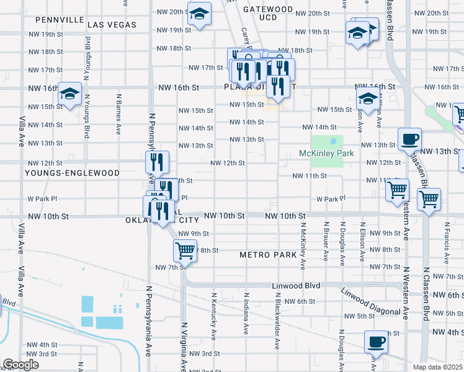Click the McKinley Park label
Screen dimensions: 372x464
[x=326, y=153]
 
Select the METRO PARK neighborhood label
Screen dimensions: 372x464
[x=269, y=255]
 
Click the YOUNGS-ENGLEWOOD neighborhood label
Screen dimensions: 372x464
[x=65, y=173]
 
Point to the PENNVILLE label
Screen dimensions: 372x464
[x=60, y=20]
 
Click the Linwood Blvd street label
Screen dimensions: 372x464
[x=296, y=285]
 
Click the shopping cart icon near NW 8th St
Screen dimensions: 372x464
[x=185, y=251]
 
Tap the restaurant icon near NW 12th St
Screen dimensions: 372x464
[x=157, y=162]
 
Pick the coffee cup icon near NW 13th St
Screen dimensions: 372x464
[x=409, y=139]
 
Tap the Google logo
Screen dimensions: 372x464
[x=20, y=365]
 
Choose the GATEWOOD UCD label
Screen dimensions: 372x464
[x=268, y=14]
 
